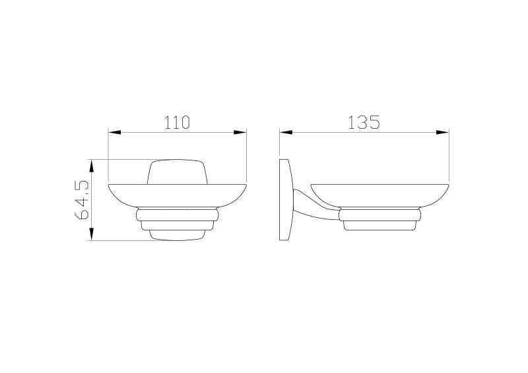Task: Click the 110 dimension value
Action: coord(177,122)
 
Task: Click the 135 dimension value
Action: coord(364,122)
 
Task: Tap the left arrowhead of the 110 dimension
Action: coord(114,133)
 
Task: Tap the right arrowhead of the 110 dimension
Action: coord(240,133)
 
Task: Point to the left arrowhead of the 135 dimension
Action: coord(286,133)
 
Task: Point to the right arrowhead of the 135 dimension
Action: coord(443,133)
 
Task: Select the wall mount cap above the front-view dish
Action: coord(177,172)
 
